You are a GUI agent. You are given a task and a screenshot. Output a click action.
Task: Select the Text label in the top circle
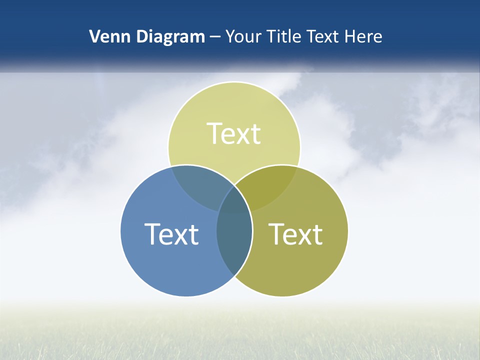point(234,133)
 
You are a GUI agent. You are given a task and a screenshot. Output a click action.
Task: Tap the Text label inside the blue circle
point(171,234)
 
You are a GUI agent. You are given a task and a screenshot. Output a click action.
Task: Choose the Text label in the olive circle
point(295,234)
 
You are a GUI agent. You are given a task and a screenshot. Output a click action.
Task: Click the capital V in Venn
point(94,36)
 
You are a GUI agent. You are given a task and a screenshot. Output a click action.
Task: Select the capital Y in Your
point(230,36)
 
